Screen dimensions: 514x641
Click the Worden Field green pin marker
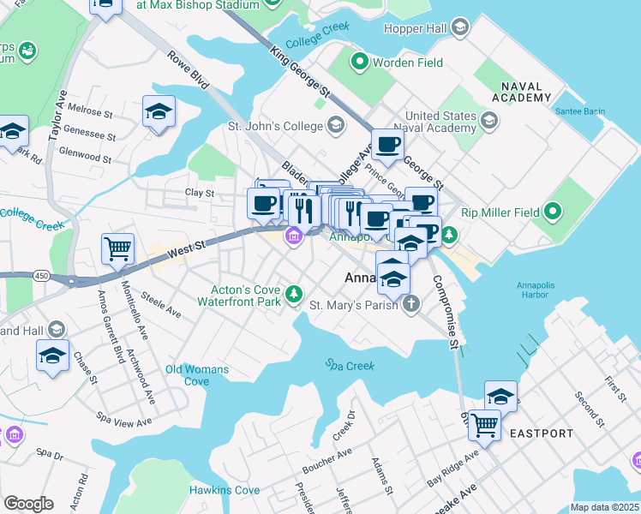click(360, 63)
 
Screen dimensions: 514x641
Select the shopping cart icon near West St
click(118, 249)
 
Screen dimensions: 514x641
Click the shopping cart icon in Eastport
click(484, 425)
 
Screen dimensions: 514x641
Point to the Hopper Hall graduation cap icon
click(460, 29)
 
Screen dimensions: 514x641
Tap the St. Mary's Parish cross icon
click(411, 304)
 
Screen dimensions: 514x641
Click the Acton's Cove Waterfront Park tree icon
click(295, 294)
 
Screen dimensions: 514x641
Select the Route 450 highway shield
click(41, 276)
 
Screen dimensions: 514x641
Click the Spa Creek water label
click(350, 365)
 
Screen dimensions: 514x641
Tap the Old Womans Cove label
click(198, 375)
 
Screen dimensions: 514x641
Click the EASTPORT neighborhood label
click(542, 433)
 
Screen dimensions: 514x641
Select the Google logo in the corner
click(28, 504)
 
